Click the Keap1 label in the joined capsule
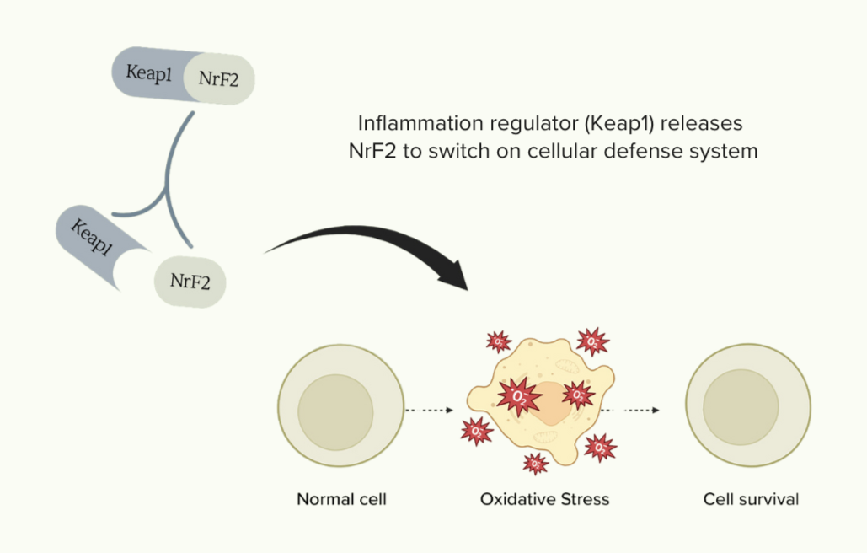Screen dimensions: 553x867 point(150,74)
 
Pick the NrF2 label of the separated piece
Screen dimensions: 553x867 point(190,281)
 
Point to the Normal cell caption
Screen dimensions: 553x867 point(341,499)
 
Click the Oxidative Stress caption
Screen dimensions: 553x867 point(544,499)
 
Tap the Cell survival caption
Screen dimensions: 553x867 point(751,499)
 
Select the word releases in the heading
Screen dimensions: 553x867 point(706,123)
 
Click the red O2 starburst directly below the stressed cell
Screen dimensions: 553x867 point(535,463)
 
